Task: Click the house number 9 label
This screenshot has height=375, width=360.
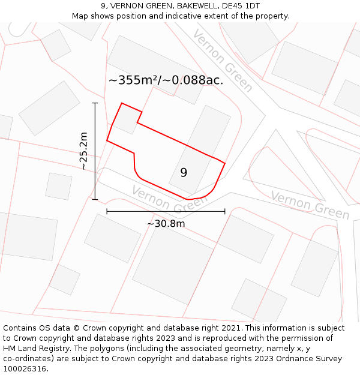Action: (184, 173)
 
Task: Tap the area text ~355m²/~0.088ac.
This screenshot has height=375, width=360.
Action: (166, 80)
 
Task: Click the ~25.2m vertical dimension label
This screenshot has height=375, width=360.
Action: (83, 151)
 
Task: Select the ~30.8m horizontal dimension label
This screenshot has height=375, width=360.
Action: (166, 224)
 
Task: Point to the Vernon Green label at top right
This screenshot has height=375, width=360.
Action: (223, 60)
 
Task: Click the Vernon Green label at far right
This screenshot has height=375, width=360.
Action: (310, 205)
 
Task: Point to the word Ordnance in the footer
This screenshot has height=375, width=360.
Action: (298, 358)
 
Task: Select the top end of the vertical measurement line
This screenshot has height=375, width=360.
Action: (95, 103)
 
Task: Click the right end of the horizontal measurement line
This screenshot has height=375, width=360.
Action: (225, 211)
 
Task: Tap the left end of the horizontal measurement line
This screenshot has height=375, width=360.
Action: (107, 211)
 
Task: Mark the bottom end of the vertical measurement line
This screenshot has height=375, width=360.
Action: (95, 199)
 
